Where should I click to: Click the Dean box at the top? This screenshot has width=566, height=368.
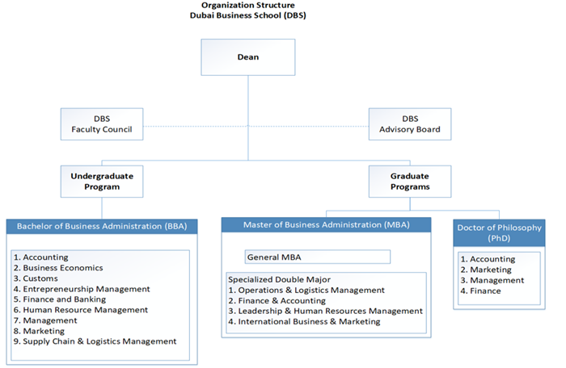coord(247,58)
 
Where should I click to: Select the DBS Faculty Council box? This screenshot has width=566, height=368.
coord(102,123)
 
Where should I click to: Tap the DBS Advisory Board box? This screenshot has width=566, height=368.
coord(408,123)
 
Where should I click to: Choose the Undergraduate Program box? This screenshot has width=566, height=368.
coord(102,180)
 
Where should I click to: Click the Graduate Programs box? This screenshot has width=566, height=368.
coord(408,180)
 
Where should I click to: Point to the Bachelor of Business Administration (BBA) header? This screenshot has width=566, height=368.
coord(102,227)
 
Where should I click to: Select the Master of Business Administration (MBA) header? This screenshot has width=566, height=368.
coord(326,224)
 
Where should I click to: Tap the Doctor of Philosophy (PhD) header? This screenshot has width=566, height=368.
coord(498,233)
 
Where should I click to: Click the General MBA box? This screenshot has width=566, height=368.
coord(318,257)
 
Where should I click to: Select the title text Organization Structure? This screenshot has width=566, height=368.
coord(248,5)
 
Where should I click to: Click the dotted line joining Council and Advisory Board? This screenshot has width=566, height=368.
coord(255,125)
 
